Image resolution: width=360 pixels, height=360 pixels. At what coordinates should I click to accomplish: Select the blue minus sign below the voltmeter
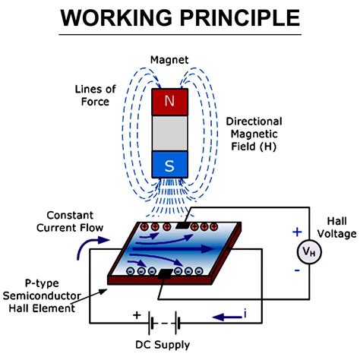297,270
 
